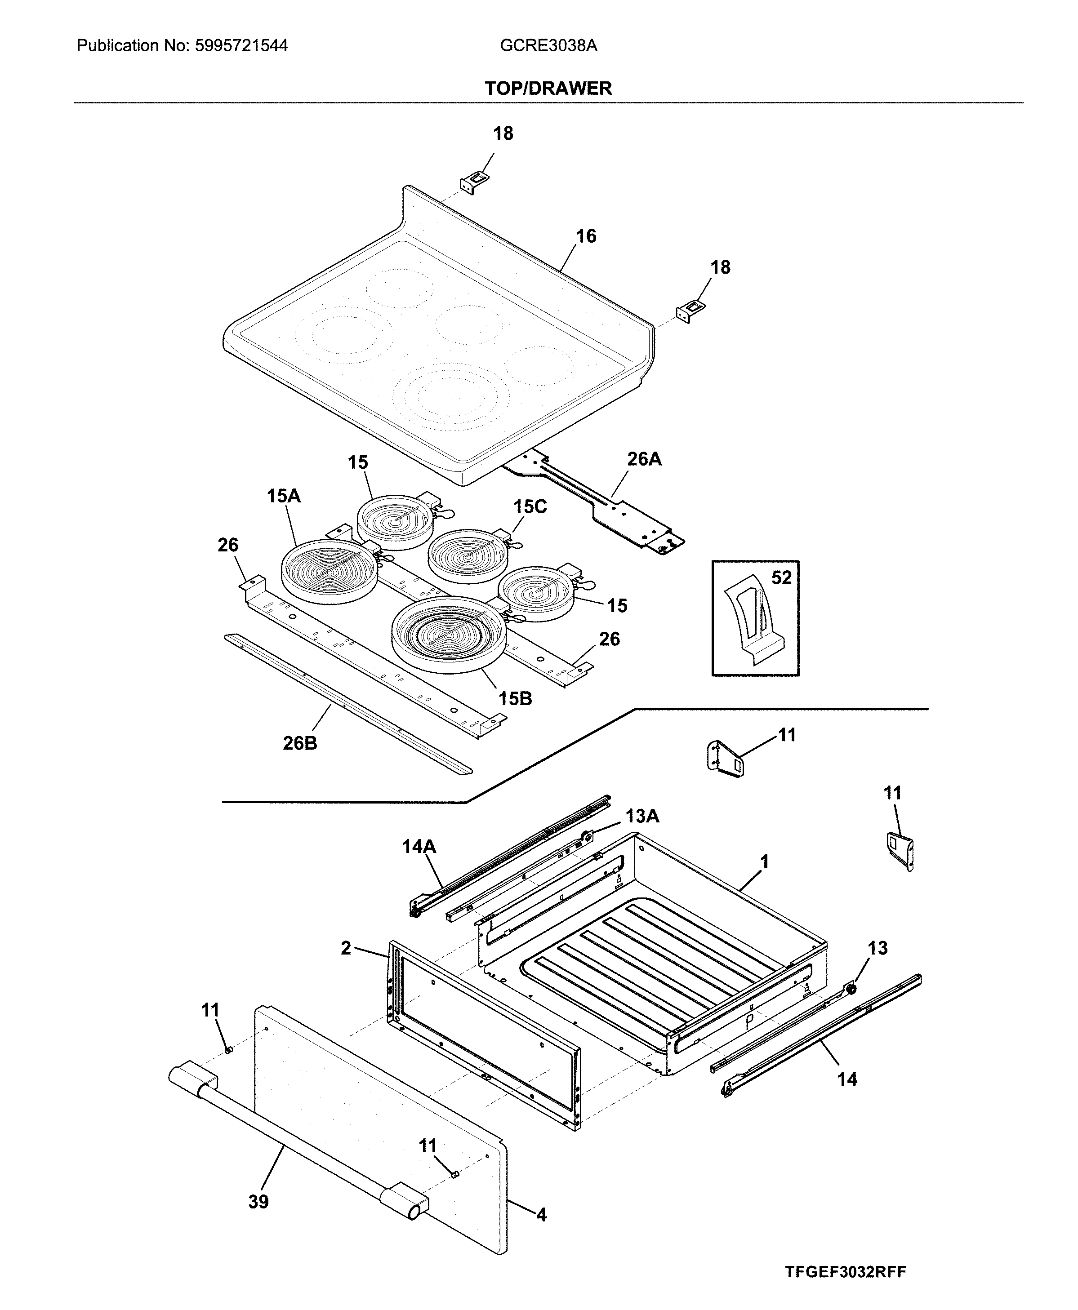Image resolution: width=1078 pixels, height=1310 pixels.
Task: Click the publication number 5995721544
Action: pos(241,45)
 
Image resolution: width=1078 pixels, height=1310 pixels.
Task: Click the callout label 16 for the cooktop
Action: pos(586,236)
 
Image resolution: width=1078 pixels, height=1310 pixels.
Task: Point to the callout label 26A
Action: pos(644,459)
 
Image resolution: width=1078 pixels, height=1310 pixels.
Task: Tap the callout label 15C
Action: pos(530,506)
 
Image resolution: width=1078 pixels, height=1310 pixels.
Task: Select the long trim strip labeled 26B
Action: pos(348,705)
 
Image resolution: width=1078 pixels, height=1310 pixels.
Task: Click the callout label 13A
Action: pos(641,816)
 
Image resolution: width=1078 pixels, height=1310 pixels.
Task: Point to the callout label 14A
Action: pos(419,846)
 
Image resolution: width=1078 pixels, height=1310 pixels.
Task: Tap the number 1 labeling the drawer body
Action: pos(764,862)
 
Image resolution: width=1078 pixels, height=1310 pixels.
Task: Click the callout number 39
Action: pos(258,1219)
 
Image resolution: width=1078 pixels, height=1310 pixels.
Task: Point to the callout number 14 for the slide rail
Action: pos(847,1079)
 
